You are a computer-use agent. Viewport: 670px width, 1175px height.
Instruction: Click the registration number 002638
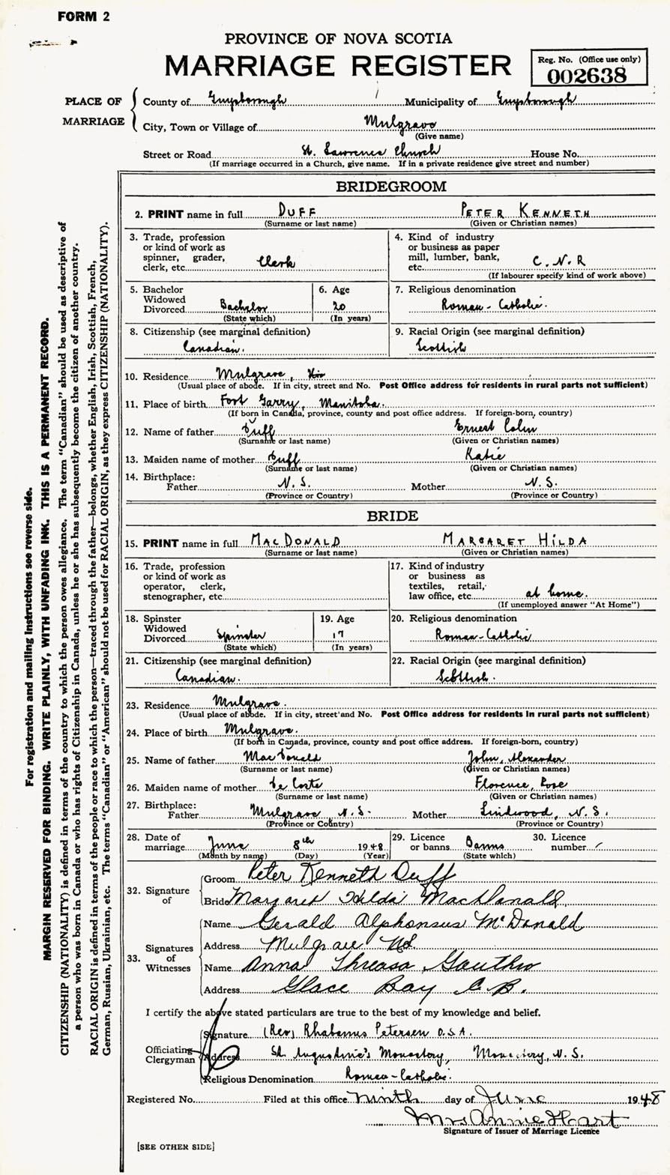tap(590, 74)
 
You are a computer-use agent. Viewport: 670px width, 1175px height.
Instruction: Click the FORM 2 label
tap(82, 16)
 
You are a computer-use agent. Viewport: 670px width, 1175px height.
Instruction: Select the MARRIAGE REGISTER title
tap(339, 65)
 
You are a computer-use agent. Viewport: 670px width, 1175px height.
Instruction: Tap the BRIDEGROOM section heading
tap(390, 186)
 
